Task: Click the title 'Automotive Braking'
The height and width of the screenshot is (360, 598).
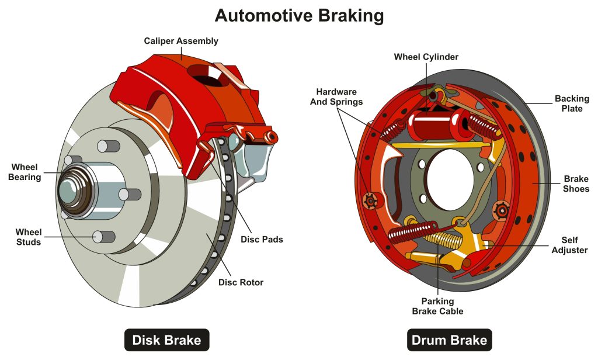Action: point(299,15)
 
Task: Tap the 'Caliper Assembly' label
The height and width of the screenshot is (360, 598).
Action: point(181,41)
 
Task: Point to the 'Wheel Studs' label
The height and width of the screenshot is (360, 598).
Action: point(27,237)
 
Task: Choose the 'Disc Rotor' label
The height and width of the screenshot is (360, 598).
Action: point(241,282)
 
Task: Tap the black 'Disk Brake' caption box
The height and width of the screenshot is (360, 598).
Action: point(166,340)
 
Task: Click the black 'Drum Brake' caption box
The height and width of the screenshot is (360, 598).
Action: point(448,340)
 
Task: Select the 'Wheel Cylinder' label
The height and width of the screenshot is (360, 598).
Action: point(426,57)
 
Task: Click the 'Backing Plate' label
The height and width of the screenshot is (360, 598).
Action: point(572,103)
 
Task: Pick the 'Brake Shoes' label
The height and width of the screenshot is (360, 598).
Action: point(576,184)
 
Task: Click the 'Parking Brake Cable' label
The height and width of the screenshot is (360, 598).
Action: point(437,306)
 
